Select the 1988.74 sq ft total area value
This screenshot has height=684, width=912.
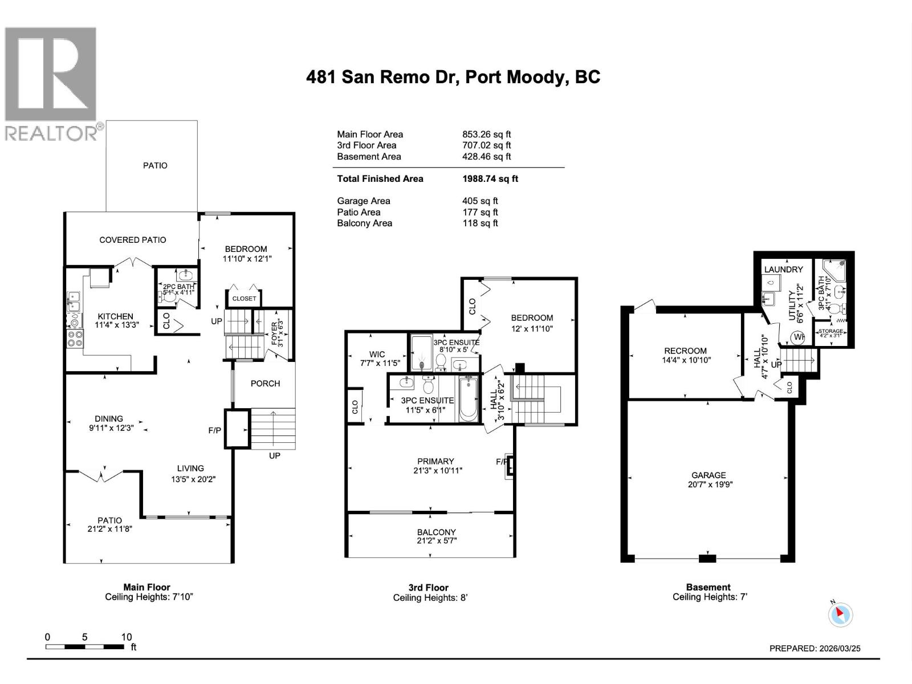pyautogui.click(x=490, y=178)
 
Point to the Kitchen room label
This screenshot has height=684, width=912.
pyautogui.click(x=115, y=316)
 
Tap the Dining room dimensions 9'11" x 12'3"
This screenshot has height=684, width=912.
pyautogui.click(x=111, y=427)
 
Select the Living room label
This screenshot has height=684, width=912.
pyautogui.click(x=190, y=468)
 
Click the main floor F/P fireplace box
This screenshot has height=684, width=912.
pyautogui.click(x=237, y=429)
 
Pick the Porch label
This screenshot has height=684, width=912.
pyautogui.click(x=265, y=383)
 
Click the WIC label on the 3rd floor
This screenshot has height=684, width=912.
pyautogui.click(x=377, y=354)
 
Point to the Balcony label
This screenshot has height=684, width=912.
pyautogui.click(x=436, y=532)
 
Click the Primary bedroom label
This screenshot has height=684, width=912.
pyautogui.click(x=435, y=461)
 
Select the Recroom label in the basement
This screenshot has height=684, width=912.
pyautogui.click(x=685, y=351)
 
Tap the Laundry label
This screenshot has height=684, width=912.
pyautogui.click(x=783, y=269)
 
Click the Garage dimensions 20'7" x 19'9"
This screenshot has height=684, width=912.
pyautogui.click(x=710, y=484)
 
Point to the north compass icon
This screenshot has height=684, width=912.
pyautogui.click(x=840, y=614)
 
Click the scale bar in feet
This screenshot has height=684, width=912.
pyautogui.click(x=85, y=647)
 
